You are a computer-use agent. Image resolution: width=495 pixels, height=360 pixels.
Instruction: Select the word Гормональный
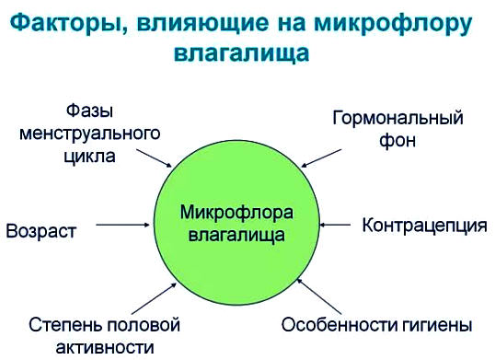coord(397,119)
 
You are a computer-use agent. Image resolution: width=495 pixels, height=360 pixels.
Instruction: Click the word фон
coord(398,141)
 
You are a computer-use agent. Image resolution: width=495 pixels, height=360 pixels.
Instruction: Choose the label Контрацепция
coord(424,224)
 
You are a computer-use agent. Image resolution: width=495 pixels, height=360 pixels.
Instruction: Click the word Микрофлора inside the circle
coord(236,214)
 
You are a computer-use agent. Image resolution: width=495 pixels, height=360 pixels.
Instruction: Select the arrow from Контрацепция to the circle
coord(338,224)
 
